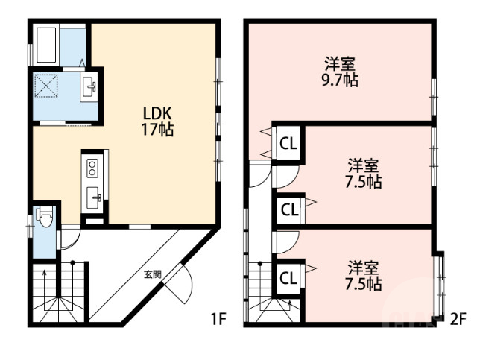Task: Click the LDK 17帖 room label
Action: [157, 121]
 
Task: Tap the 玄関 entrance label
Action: [152, 274]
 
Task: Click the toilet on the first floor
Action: [45, 217]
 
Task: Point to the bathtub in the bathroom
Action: [46, 45]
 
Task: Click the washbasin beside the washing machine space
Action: [89, 86]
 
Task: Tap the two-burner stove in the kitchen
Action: [92, 168]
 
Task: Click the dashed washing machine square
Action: [46, 86]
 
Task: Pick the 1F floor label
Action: [218, 320]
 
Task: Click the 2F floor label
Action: [458, 320]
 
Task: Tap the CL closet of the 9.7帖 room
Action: [288, 144]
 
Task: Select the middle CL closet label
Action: [289, 209]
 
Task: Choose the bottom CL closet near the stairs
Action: [288, 278]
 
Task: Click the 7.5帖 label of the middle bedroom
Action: [364, 174]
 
